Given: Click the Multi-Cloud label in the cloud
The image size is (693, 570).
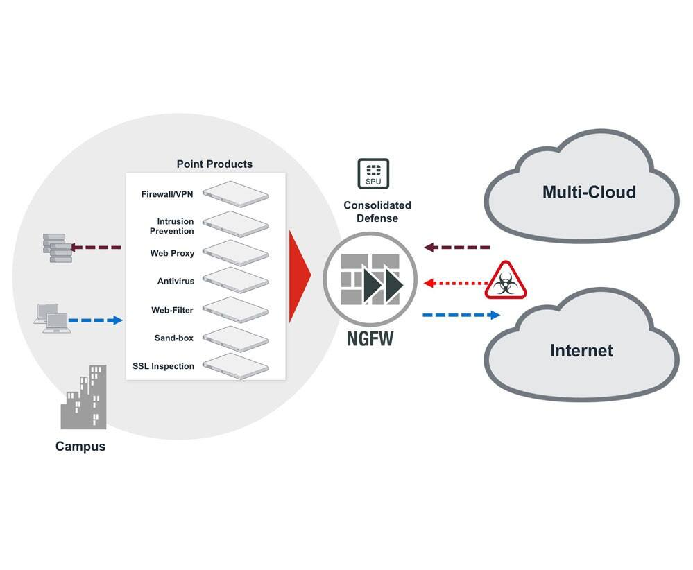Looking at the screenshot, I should point(589,192).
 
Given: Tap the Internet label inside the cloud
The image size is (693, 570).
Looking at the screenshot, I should point(581,350).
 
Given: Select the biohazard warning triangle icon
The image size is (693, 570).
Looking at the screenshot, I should point(506,281).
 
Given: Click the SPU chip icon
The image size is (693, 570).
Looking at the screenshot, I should point(373,174).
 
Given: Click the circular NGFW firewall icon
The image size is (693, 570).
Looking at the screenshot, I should point(370,283).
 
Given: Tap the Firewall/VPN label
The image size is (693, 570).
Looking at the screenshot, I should point(168,195).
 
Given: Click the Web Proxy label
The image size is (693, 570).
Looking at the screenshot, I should point(172,253).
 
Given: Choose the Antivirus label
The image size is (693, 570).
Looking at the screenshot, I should point(176,282).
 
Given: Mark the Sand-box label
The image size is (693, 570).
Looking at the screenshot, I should point(174,338).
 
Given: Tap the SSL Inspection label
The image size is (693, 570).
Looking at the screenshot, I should point(163,366).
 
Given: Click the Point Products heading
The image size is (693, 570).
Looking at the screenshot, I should point(214,164).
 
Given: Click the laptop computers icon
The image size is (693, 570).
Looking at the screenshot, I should point(52,319).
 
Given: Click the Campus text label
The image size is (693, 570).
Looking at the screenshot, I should point(80,447).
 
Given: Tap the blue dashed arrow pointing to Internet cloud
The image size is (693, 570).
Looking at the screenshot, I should point(461,315).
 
